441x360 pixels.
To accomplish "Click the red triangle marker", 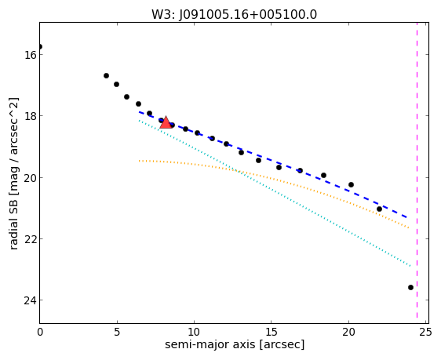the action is (166, 122).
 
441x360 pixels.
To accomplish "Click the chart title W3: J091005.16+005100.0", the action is (235, 14).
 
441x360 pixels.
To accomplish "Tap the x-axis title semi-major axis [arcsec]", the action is (235, 344).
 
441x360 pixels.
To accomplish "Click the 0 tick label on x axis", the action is (40, 333).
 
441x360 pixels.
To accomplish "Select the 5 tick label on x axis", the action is (117, 333).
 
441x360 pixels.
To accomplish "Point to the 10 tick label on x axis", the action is (194, 333).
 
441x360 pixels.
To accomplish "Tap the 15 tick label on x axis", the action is (272, 333).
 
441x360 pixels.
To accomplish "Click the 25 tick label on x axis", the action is (425, 333).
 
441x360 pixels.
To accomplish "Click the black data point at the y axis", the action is (40, 46).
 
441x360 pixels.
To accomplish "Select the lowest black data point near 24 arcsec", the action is (410, 288).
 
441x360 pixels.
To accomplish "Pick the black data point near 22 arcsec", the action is (380, 209).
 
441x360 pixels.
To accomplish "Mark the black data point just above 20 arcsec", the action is (351, 184).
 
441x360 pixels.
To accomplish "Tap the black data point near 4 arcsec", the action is (106, 75).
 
